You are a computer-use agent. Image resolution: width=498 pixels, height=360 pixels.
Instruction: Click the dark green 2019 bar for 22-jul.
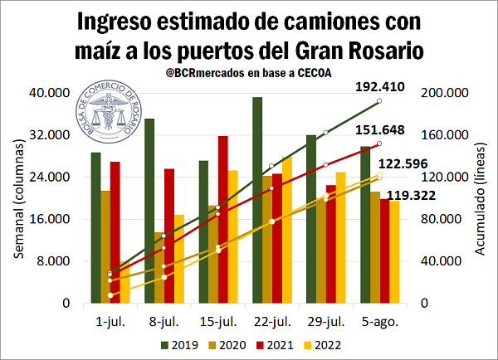[257, 200]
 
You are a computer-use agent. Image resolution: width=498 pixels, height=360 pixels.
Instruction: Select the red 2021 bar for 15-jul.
[222, 219]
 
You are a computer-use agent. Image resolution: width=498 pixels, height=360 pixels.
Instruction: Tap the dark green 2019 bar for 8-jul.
[149, 211]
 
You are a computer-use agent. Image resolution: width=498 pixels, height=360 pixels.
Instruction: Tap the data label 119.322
[422, 196]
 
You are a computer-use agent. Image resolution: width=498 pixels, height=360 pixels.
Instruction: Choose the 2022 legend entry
[323, 344]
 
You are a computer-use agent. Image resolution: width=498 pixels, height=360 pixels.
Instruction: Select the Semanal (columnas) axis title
[17, 198]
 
